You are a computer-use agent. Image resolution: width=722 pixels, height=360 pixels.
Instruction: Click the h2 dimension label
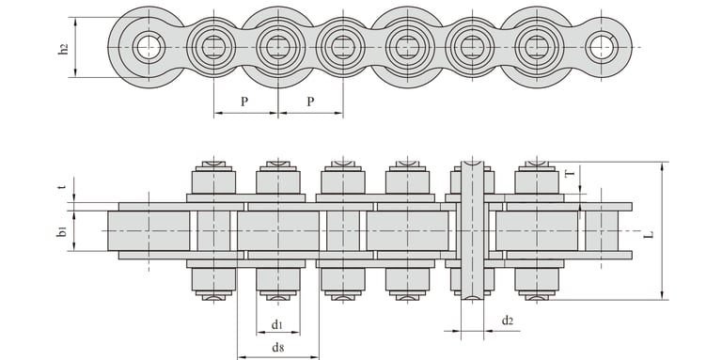tap(64, 49)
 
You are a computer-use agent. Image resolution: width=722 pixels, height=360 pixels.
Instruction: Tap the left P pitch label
tap(244, 102)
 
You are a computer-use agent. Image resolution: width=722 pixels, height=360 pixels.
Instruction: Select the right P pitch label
tap(311, 102)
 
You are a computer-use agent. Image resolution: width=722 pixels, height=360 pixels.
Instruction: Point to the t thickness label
tap(63, 187)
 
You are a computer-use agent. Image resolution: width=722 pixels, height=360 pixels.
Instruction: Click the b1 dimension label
tap(63, 231)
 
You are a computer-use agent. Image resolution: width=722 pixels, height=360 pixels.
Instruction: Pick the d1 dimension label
tap(276, 324)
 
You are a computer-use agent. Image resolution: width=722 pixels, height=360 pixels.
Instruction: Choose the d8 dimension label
tap(277, 348)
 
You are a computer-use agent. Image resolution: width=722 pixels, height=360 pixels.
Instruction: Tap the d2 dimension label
tap(508, 321)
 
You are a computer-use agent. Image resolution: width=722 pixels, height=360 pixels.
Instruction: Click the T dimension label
tap(570, 174)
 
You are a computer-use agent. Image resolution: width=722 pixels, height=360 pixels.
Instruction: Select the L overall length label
tap(649, 234)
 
